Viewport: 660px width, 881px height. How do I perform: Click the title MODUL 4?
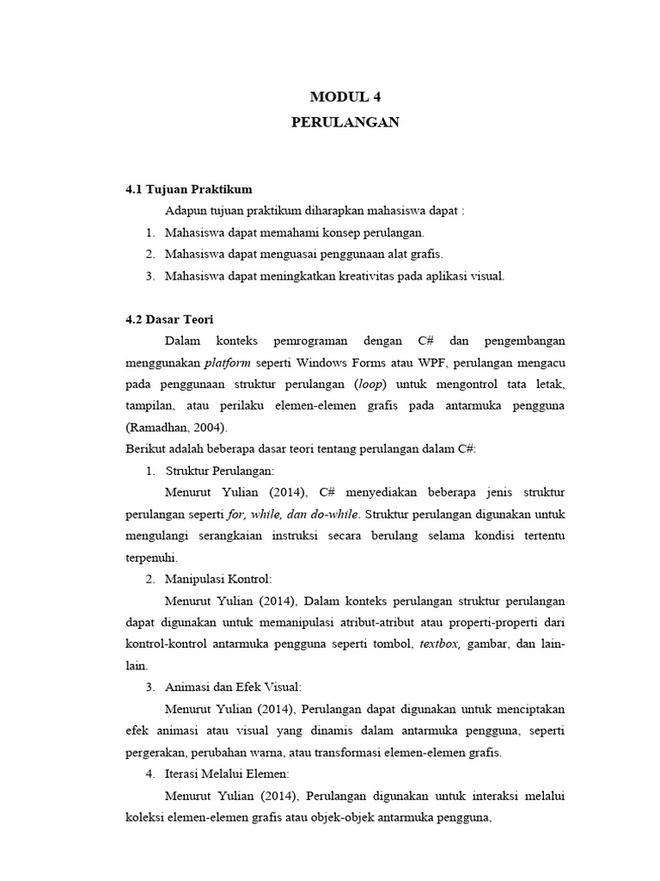[345, 96]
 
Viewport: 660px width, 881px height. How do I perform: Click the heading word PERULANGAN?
[345, 122]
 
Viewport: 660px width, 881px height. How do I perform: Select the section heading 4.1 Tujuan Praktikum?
[189, 189]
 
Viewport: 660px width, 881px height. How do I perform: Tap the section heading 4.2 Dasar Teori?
[169, 318]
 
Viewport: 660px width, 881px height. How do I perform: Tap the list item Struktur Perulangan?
[219, 471]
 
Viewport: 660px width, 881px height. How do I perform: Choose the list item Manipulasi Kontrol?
[218, 579]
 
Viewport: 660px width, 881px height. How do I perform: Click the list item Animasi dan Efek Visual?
[233, 687]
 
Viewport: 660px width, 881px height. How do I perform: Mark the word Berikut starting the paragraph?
[146, 449]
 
